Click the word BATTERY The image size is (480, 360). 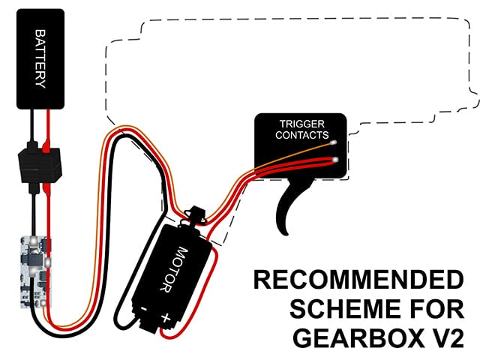coord(40,58)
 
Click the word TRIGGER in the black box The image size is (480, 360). coord(301,124)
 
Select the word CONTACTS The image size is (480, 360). coord(301,135)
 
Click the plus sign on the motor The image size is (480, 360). coord(166,317)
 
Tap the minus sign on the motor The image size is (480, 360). coord(144,309)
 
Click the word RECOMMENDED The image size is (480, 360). coord(358,280)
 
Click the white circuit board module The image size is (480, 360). coord(35,271)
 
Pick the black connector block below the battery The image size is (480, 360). coord(40,165)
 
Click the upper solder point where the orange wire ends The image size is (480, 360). coord(334,142)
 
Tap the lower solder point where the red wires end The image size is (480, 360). coord(335,160)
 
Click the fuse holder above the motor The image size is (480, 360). coord(194,215)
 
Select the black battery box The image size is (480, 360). coord(40,58)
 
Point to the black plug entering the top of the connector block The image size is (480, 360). coord(32,145)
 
